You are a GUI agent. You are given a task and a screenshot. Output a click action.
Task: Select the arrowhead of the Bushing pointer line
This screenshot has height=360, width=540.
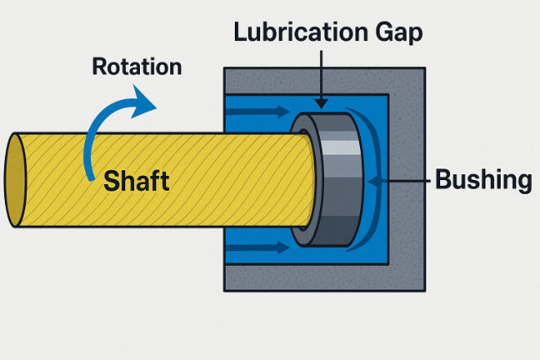click(x=375, y=178)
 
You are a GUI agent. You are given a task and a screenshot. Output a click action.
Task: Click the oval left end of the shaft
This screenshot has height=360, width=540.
click(x=17, y=179)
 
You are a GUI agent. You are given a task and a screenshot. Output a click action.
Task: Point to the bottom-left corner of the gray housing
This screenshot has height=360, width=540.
click(x=225, y=290)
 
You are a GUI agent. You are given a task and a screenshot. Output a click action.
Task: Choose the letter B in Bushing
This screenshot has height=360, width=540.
click(x=443, y=178)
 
